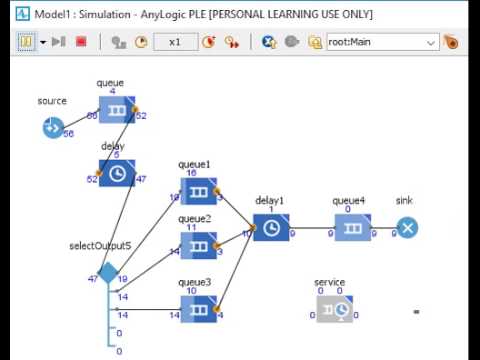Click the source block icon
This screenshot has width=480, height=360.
click(52, 127)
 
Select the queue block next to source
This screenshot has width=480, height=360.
click(117, 110)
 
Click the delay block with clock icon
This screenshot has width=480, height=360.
click(117, 172)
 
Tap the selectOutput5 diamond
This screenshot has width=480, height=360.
click(108, 273)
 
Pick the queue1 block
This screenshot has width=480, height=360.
click(199, 191)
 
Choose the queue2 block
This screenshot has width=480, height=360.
click(199, 245)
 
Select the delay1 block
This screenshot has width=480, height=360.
click(270, 228)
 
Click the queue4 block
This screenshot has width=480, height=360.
click(352, 228)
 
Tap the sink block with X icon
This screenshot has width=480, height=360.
click(406, 228)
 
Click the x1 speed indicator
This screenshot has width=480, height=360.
click(175, 42)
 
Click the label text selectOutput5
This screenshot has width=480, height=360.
click(100, 246)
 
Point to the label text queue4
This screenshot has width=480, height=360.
click(349, 200)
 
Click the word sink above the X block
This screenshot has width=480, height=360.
click(404, 200)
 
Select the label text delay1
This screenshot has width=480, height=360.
click(270, 200)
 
